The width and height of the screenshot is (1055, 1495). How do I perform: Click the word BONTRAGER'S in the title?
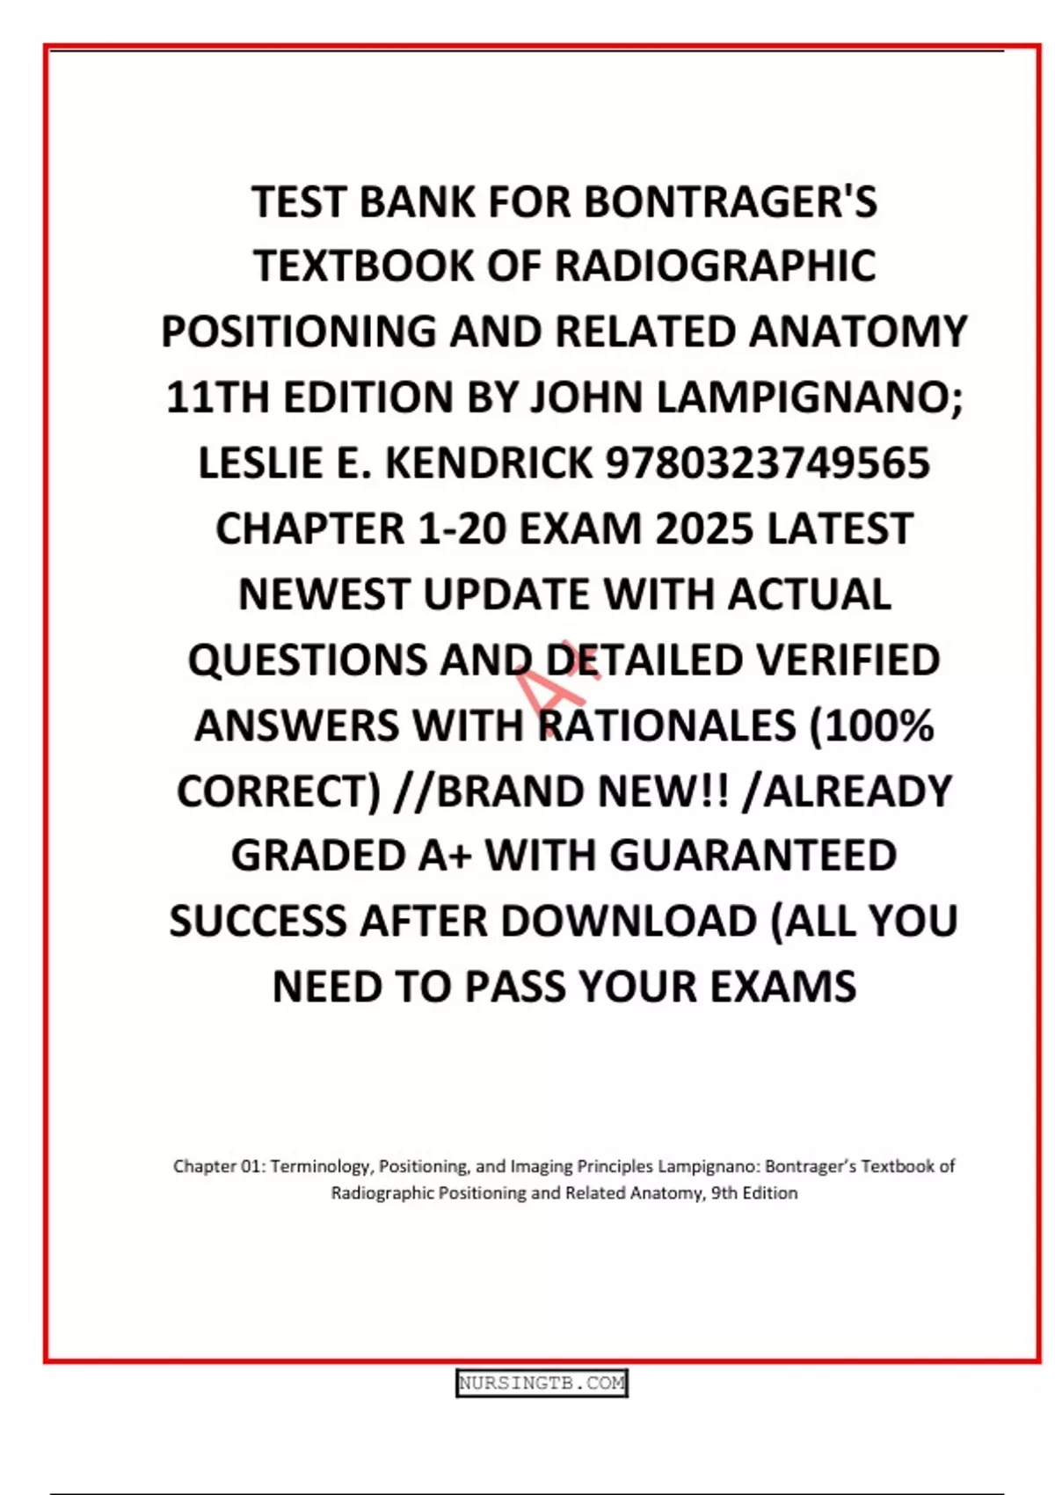tap(731, 202)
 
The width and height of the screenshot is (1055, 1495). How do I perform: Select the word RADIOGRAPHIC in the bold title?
tap(716, 267)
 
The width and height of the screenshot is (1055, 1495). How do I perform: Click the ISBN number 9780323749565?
tap(768, 463)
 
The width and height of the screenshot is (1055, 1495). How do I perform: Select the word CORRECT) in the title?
tap(279, 791)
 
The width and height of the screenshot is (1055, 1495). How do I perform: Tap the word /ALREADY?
tap(848, 791)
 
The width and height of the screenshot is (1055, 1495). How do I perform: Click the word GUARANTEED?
tap(753, 856)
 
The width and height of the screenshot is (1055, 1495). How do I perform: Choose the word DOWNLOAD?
tap(629, 922)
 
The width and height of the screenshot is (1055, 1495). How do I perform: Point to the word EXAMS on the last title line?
tap(782, 987)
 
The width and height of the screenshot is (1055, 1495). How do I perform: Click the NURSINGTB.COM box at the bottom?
tap(542, 1383)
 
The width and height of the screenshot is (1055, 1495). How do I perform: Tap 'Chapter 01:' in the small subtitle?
tap(219, 1166)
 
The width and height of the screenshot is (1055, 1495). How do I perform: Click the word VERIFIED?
tap(848, 660)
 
